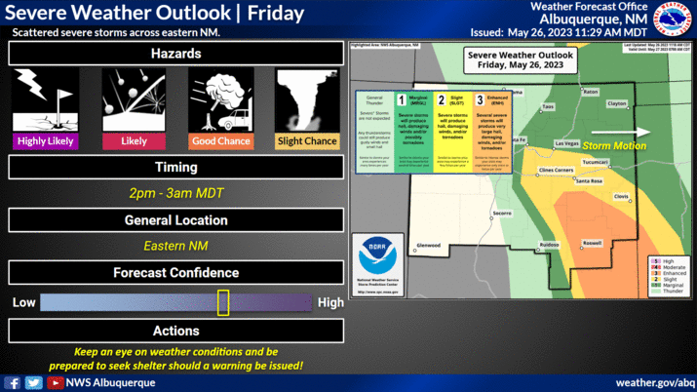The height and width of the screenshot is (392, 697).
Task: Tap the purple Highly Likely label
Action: coord(47,141)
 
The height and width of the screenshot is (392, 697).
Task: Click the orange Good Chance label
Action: coord(221,141)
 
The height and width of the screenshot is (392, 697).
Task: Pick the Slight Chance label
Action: coord(308,141)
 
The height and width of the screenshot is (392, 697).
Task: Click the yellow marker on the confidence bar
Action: coord(223,302)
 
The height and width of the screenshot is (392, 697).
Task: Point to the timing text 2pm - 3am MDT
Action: coord(176,193)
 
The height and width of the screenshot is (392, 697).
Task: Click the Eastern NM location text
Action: coord(176,246)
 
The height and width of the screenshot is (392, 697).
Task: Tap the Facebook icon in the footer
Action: coord(13,382)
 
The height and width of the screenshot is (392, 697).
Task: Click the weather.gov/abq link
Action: coord(655,382)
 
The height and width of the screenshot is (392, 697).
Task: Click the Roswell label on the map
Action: coord(592,243)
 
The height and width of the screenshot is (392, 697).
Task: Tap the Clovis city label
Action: coord(621,197)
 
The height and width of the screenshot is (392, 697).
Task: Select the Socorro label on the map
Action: coord(501,213)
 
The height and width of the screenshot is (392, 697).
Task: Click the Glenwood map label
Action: coord(428,245)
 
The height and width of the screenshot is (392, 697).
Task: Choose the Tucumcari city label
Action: coord(595,163)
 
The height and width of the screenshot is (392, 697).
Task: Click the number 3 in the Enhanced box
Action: coord(480,99)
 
